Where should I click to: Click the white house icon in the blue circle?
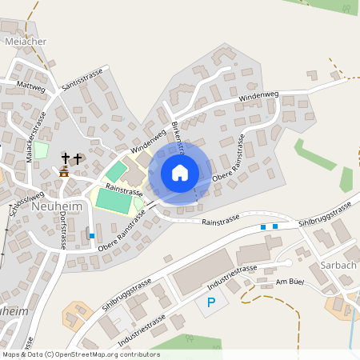[179, 172]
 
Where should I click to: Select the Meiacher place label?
[25, 42]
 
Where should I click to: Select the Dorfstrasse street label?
[62, 233]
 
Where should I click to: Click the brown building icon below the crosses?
[64, 172]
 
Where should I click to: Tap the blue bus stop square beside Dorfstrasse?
[92, 235]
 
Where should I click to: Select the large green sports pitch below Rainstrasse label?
[114, 201]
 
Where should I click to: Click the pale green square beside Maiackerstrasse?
[41, 150]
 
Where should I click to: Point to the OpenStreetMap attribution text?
[80, 354]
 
